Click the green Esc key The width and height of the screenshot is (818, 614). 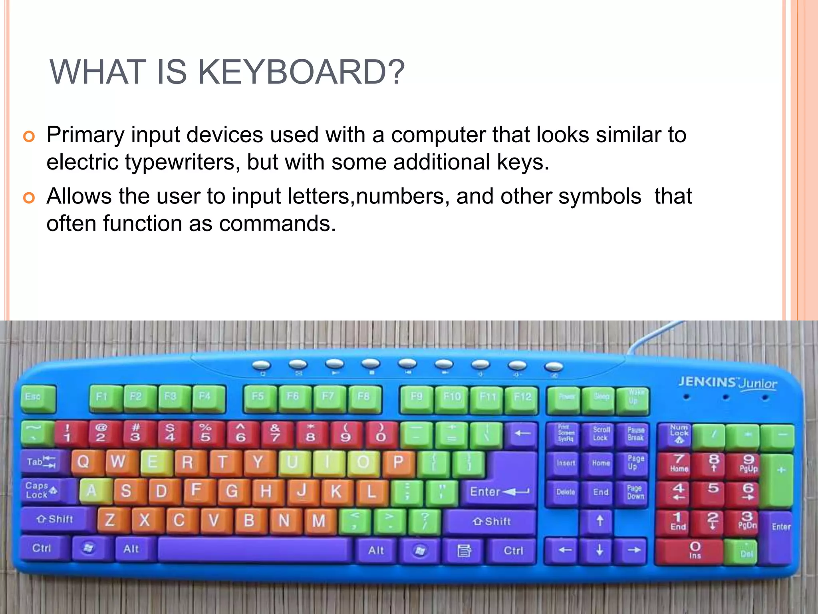click(x=38, y=398)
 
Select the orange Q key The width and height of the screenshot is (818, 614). click(x=84, y=462)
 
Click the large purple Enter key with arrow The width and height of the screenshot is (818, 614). click(x=499, y=491)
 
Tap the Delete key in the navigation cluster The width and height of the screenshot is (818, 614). click(x=565, y=492)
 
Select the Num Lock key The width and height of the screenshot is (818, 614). click(x=679, y=434)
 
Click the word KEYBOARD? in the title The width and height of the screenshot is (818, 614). click(x=301, y=72)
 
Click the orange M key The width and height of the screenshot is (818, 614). click(x=319, y=521)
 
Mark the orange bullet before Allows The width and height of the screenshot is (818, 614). click(x=29, y=198)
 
